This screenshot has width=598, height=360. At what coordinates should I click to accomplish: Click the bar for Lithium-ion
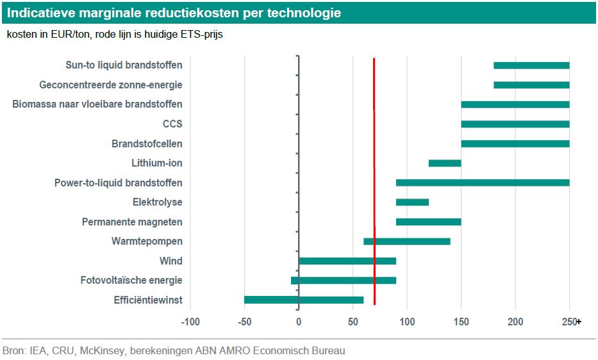click(445, 163)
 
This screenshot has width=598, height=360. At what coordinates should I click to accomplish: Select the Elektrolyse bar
click(412, 202)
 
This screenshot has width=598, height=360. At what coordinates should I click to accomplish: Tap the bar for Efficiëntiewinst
click(304, 300)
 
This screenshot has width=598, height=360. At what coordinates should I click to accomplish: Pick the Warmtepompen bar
click(406, 241)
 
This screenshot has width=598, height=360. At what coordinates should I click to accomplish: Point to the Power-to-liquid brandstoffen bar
click(483, 183)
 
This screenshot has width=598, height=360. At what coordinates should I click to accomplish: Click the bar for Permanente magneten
click(428, 222)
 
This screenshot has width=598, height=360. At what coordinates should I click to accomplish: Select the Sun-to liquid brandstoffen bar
click(531, 65)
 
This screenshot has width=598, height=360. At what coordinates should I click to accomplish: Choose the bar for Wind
click(347, 261)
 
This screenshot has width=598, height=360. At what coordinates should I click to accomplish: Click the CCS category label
click(172, 124)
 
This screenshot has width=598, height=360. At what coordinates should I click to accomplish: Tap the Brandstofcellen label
click(147, 143)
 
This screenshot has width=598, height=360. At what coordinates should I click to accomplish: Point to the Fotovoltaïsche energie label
click(131, 280)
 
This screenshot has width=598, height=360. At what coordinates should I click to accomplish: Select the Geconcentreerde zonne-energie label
click(111, 85)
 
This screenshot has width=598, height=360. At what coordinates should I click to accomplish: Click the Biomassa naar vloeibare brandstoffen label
click(97, 104)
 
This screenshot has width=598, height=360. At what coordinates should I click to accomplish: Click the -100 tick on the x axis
click(190, 322)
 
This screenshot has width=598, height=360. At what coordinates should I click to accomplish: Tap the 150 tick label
click(461, 322)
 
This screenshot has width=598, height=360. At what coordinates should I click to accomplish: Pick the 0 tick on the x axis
click(299, 322)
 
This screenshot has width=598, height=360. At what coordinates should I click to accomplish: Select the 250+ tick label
click(570, 322)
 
